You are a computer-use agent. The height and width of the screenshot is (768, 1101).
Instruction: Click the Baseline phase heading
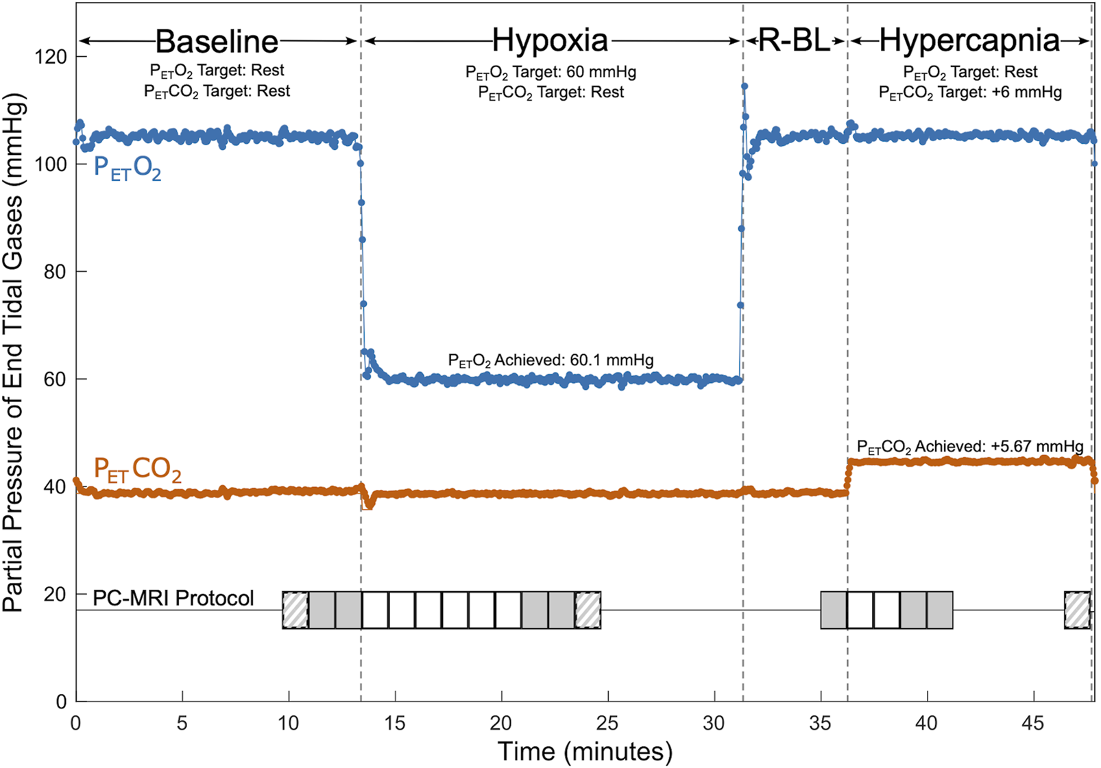(217, 42)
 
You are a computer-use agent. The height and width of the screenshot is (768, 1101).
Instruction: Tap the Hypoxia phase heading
(550, 40)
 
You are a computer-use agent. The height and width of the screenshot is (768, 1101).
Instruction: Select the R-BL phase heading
(795, 41)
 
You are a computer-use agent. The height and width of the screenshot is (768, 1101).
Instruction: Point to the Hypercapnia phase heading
(969, 40)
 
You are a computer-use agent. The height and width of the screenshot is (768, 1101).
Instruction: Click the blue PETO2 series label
(128, 168)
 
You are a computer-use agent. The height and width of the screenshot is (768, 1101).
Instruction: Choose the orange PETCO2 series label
(137, 470)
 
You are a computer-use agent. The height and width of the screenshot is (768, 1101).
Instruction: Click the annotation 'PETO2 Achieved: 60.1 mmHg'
(550, 360)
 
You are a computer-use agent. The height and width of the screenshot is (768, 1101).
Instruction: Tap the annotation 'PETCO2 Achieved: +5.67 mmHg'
(970, 447)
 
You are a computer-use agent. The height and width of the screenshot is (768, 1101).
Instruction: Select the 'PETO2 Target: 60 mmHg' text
(550, 72)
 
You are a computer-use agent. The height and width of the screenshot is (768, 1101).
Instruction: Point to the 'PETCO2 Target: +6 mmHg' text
(970, 92)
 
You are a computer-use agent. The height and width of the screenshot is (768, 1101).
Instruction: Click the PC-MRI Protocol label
(173, 598)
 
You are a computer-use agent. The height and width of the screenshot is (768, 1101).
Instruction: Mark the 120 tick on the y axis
(51, 57)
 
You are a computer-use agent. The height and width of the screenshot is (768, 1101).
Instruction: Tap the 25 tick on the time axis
(607, 723)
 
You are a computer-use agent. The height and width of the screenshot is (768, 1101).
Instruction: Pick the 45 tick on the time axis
(1033, 723)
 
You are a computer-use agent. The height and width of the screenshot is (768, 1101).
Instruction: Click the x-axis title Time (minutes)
(585, 752)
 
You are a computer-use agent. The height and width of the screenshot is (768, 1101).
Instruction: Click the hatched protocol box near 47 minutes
(1077, 610)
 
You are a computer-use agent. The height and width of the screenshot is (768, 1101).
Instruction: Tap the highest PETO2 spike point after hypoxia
(745, 86)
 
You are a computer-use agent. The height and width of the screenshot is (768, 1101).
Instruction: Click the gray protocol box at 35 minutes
(834, 610)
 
